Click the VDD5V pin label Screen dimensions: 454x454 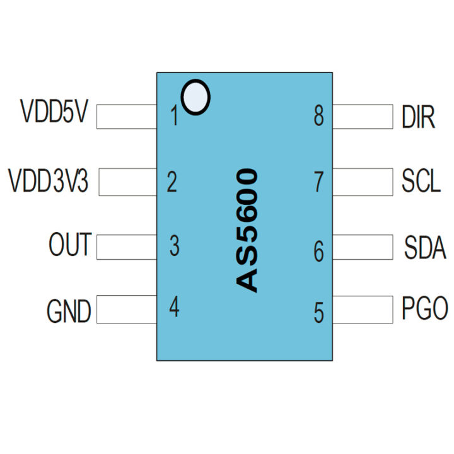pyautogui.click(x=55, y=113)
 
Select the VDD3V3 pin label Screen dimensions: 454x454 pyautogui.click(x=49, y=181)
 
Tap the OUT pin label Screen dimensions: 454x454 pyautogui.click(x=70, y=245)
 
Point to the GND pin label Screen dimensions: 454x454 pyautogui.click(x=69, y=311)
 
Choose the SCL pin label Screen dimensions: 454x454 pyautogui.click(x=421, y=182)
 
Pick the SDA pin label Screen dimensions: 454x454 pyautogui.click(x=425, y=248)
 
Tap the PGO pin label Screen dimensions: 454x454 pyautogui.click(x=425, y=309)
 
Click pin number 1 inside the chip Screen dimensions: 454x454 pyautogui.click(x=174, y=117)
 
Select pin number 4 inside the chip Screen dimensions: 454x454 pyautogui.click(x=174, y=308)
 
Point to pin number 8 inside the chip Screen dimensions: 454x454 pyautogui.click(x=319, y=116)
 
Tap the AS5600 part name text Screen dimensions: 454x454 pyautogui.click(x=247, y=230)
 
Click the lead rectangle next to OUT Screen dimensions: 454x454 pyautogui.click(x=127, y=247)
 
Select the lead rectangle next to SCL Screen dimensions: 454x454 pyautogui.click(x=363, y=182)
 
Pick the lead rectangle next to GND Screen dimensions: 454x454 pyautogui.click(x=127, y=310)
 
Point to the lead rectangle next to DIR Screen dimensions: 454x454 pyautogui.click(x=363, y=117)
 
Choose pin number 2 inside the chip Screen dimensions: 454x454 pyautogui.click(x=172, y=183)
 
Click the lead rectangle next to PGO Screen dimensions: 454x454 pyautogui.click(x=363, y=310)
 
